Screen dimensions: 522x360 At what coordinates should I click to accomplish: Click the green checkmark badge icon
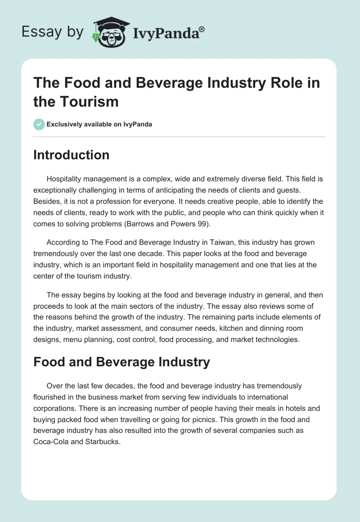coord(39,124)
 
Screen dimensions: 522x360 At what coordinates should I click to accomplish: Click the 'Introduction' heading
coord(71,155)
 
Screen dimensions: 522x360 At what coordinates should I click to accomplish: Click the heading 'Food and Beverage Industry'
coord(121,362)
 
